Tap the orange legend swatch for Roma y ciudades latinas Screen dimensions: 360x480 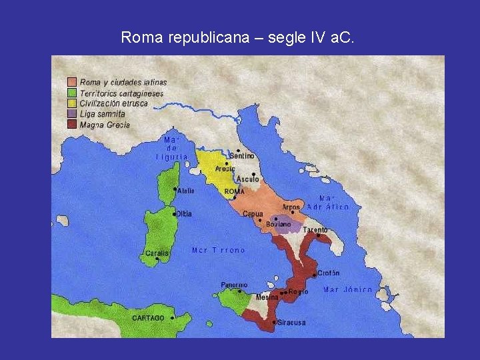pyautogui.click(x=71, y=83)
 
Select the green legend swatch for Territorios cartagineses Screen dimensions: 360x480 pyautogui.click(x=71, y=93)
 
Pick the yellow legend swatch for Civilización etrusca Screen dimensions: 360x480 pyautogui.click(x=71, y=103)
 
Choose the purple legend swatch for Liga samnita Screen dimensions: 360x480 pyautogui.click(x=71, y=114)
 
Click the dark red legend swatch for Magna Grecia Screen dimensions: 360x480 pyautogui.click(x=71, y=124)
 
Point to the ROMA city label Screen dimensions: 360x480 pyautogui.click(x=235, y=191)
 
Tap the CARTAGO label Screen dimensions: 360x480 pyautogui.click(x=148, y=318)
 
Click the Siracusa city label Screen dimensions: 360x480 pyautogui.click(x=291, y=323)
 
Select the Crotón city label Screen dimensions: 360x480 pyautogui.click(x=328, y=273)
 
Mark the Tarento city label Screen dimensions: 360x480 pyautogui.click(x=315, y=230)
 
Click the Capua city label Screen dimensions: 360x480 pyautogui.click(x=253, y=214)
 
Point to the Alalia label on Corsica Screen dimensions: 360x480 pyautogui.click(x=186, y=191)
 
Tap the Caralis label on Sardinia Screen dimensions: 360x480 pyautogui.click(x=157, y=253)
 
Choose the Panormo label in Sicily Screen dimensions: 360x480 pyautogui.click(x=234, y=285)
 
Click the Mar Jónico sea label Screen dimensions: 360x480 pyautogui.click(x=347, y=290)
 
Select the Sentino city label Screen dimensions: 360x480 pyautogui.click(x=242, y=156)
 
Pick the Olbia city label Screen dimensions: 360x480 pyautogui.click(x=184, y=214)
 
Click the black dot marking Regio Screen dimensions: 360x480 pyautogui.click(x=285, y=292)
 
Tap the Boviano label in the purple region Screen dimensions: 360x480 pyautogui.click(x=279, y=225)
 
